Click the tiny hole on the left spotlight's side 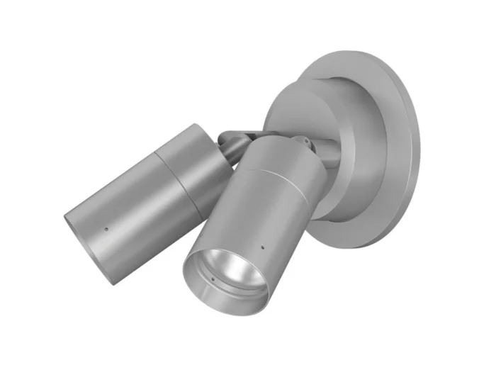point(105,230)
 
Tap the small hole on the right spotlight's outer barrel point(261,249)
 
